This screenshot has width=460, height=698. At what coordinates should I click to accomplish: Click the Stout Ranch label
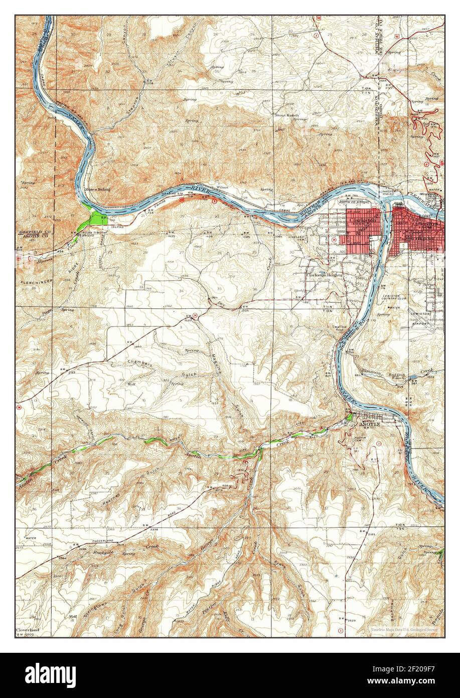[286, 115]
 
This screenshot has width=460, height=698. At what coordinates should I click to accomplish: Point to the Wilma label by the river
[222, 187]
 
